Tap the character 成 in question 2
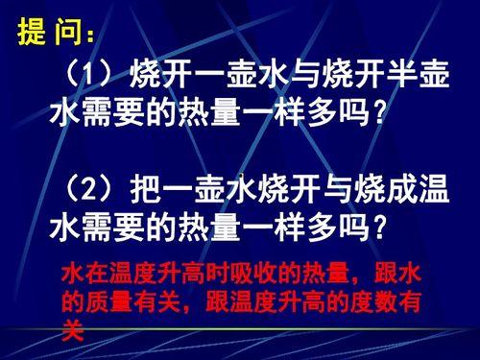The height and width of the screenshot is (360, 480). pyautogui.click(x=402, y=191)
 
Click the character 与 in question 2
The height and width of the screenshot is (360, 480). pyautogui.click(x=303, y=191)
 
